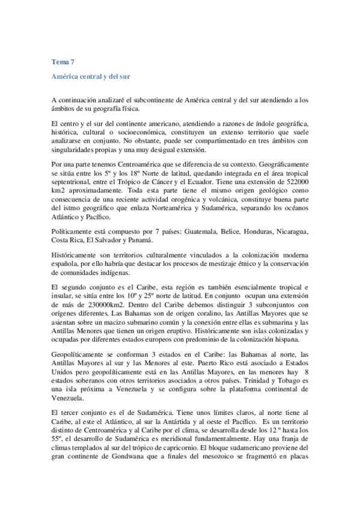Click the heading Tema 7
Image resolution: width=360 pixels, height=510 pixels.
click(x=63, y=61)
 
